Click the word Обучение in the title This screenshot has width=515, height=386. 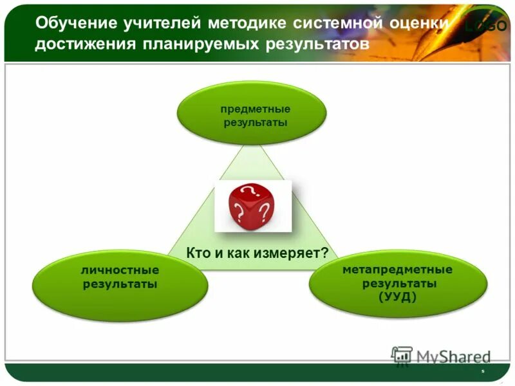click(x=75, y=24)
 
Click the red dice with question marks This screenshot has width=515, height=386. click(x=253, y=205)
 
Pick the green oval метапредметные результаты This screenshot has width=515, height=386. click(x=397, y=283)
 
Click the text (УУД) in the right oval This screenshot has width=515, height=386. click(x=398, y=296)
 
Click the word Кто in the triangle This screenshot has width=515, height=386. click(x=198, y=253)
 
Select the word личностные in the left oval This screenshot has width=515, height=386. click(x=120, y=271)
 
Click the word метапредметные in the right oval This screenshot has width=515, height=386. click(x=397, y=270)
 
